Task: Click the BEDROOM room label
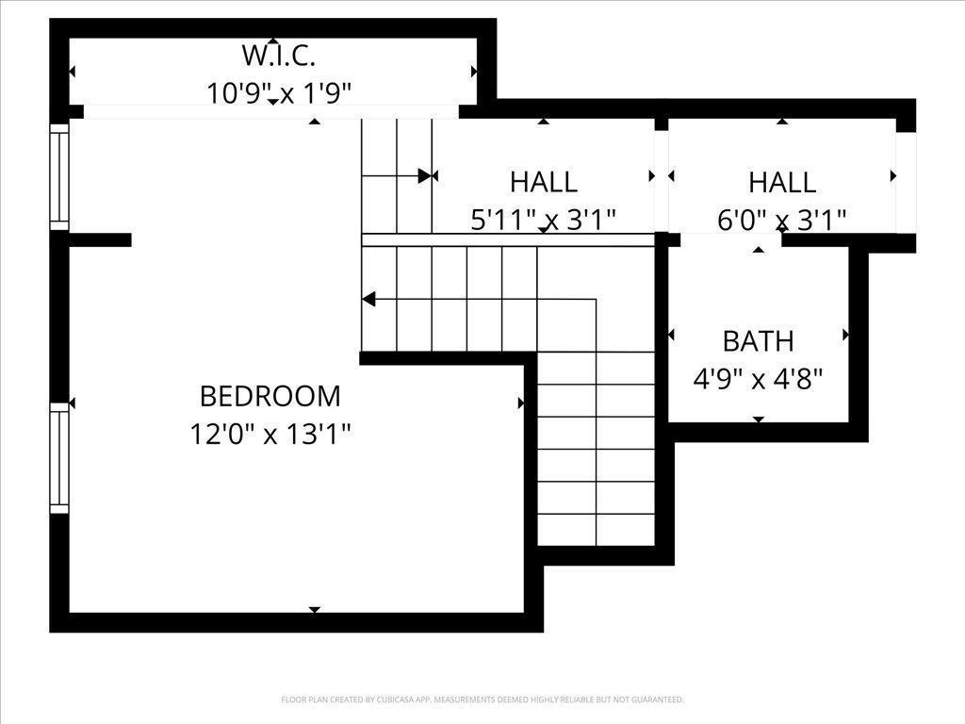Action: coord(270,395)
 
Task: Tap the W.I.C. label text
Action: coord(278,56)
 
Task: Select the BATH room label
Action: coord(758,340)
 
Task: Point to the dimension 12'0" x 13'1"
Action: coord(270,435)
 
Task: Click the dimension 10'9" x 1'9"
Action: coord(279,92)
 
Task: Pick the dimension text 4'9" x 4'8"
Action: coord(758,379)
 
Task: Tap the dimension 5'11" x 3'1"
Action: coord(544,220)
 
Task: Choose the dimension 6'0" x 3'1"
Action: coord(782,220)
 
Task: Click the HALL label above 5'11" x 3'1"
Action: coord(544,181)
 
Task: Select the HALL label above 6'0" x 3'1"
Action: coord(782,181)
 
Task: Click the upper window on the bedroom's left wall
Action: coord(59,176)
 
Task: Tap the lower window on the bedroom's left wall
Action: coord(59,457)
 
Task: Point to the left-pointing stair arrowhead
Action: coord(368,300)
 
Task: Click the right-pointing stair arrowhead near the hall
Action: coord(425,175)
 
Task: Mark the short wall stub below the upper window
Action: coord(99,240)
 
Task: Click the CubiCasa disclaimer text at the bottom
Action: coord(482,699)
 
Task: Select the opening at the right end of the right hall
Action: coord(906,182)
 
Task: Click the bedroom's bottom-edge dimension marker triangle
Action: coord(315,609)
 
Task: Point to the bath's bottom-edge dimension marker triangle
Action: coord(759,419)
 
